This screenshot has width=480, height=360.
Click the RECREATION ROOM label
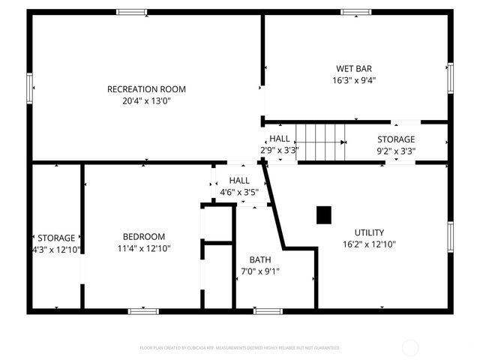146,89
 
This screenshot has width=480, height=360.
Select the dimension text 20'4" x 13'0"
146,100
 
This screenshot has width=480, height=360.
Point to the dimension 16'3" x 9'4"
354,79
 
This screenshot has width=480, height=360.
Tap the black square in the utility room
324,215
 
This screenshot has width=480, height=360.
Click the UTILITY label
369,232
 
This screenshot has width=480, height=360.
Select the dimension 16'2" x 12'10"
369,244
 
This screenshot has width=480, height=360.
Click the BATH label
261,259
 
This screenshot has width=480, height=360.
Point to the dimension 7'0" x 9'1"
261,271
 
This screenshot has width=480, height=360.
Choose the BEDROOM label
144,237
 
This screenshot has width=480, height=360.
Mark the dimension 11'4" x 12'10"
144,248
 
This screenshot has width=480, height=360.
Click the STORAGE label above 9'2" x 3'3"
396,139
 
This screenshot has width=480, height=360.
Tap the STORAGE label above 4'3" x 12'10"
57,238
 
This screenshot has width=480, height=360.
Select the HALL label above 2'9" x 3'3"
280,139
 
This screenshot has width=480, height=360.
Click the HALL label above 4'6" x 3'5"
239,181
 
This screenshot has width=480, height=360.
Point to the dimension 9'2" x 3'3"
396,150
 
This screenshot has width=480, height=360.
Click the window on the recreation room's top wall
131,12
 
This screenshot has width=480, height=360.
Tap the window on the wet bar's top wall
355,12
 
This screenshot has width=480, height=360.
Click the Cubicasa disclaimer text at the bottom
240,348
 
